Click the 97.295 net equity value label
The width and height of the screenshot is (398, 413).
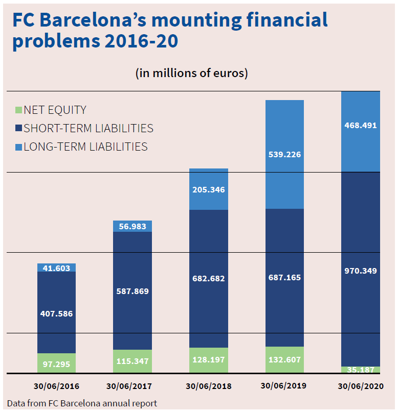point(56,364)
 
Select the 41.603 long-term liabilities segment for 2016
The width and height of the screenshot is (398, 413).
point(56,268)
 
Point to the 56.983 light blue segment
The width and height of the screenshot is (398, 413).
point(132,226)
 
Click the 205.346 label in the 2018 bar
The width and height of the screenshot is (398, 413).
point(208,190)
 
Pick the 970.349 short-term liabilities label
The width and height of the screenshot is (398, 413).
point(360,271)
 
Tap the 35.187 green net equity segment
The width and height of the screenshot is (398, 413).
point(360,370)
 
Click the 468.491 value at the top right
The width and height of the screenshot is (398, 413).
point(360,125)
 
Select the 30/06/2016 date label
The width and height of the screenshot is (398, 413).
point(57,386)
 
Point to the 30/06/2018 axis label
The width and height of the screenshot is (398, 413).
point(209,386)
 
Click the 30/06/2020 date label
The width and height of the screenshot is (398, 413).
point(360,386)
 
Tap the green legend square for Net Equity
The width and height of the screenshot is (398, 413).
point(19,110)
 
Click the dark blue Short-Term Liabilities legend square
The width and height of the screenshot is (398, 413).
point(19,129)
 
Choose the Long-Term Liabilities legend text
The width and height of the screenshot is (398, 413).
point(85,147)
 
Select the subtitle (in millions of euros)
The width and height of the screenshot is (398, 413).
point(191,73)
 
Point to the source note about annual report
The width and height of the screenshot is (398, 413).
point(82,403)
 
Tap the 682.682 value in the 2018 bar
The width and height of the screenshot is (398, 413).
point(208,279)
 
